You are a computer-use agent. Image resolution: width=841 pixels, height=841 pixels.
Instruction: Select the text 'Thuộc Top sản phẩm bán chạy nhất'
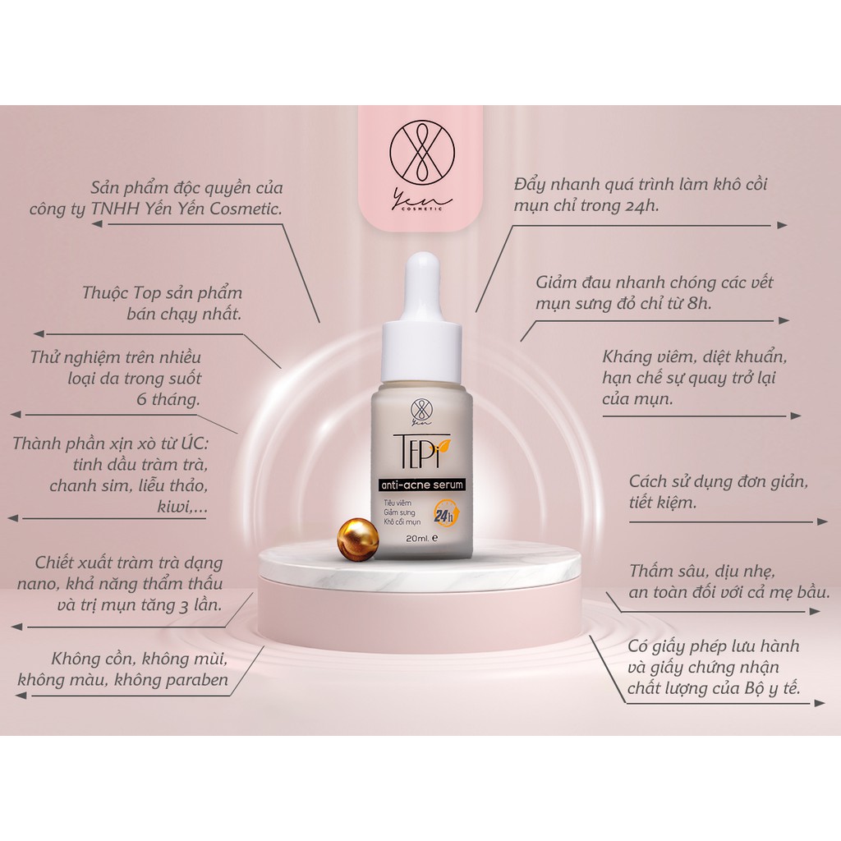click(x=164, y=303)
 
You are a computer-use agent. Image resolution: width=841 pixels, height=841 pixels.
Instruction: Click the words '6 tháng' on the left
click(x=169, y=400)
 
